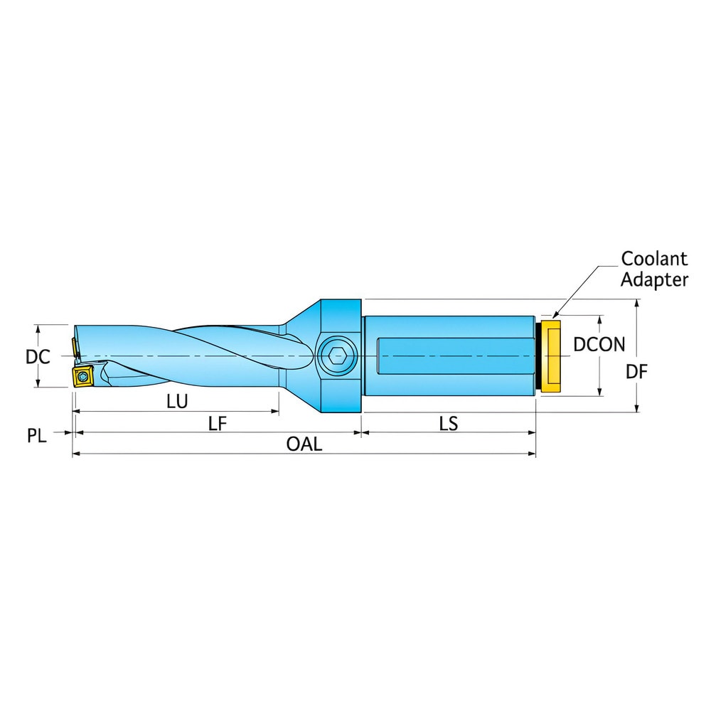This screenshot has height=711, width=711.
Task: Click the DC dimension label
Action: tap(38, 356)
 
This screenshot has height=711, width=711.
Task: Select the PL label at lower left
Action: tap(37, 436)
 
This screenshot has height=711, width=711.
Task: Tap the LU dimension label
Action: tap(177, 402)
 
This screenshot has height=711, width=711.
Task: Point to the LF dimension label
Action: tap(217, 424)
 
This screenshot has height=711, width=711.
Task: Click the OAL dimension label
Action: tap(304, 445)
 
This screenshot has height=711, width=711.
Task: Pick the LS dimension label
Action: tap(448, 424)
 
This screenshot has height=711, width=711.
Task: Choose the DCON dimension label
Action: tap(599, 345)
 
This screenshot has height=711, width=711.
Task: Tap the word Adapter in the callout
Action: tap(654, 279)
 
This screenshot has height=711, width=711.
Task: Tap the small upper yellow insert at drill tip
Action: tap(75, 347)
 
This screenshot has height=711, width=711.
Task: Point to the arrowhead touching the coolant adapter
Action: tap(554, 315)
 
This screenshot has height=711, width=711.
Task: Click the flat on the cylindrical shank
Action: tap(455, 355)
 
